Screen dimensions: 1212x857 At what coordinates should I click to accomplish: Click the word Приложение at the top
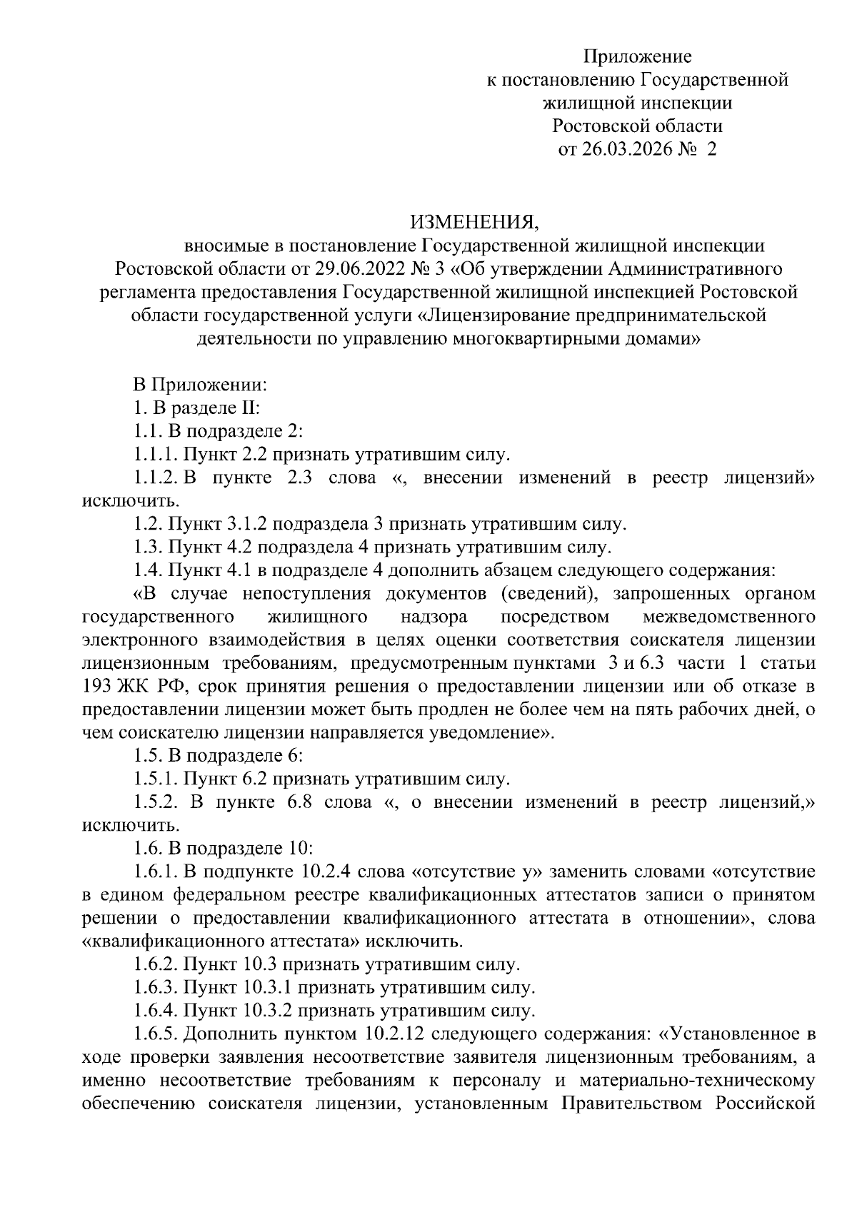(x=638, y=56)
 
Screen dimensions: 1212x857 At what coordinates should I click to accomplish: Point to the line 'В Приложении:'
(x=200, y=385)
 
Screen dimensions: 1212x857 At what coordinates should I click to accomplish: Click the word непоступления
(x=306, y=594)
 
